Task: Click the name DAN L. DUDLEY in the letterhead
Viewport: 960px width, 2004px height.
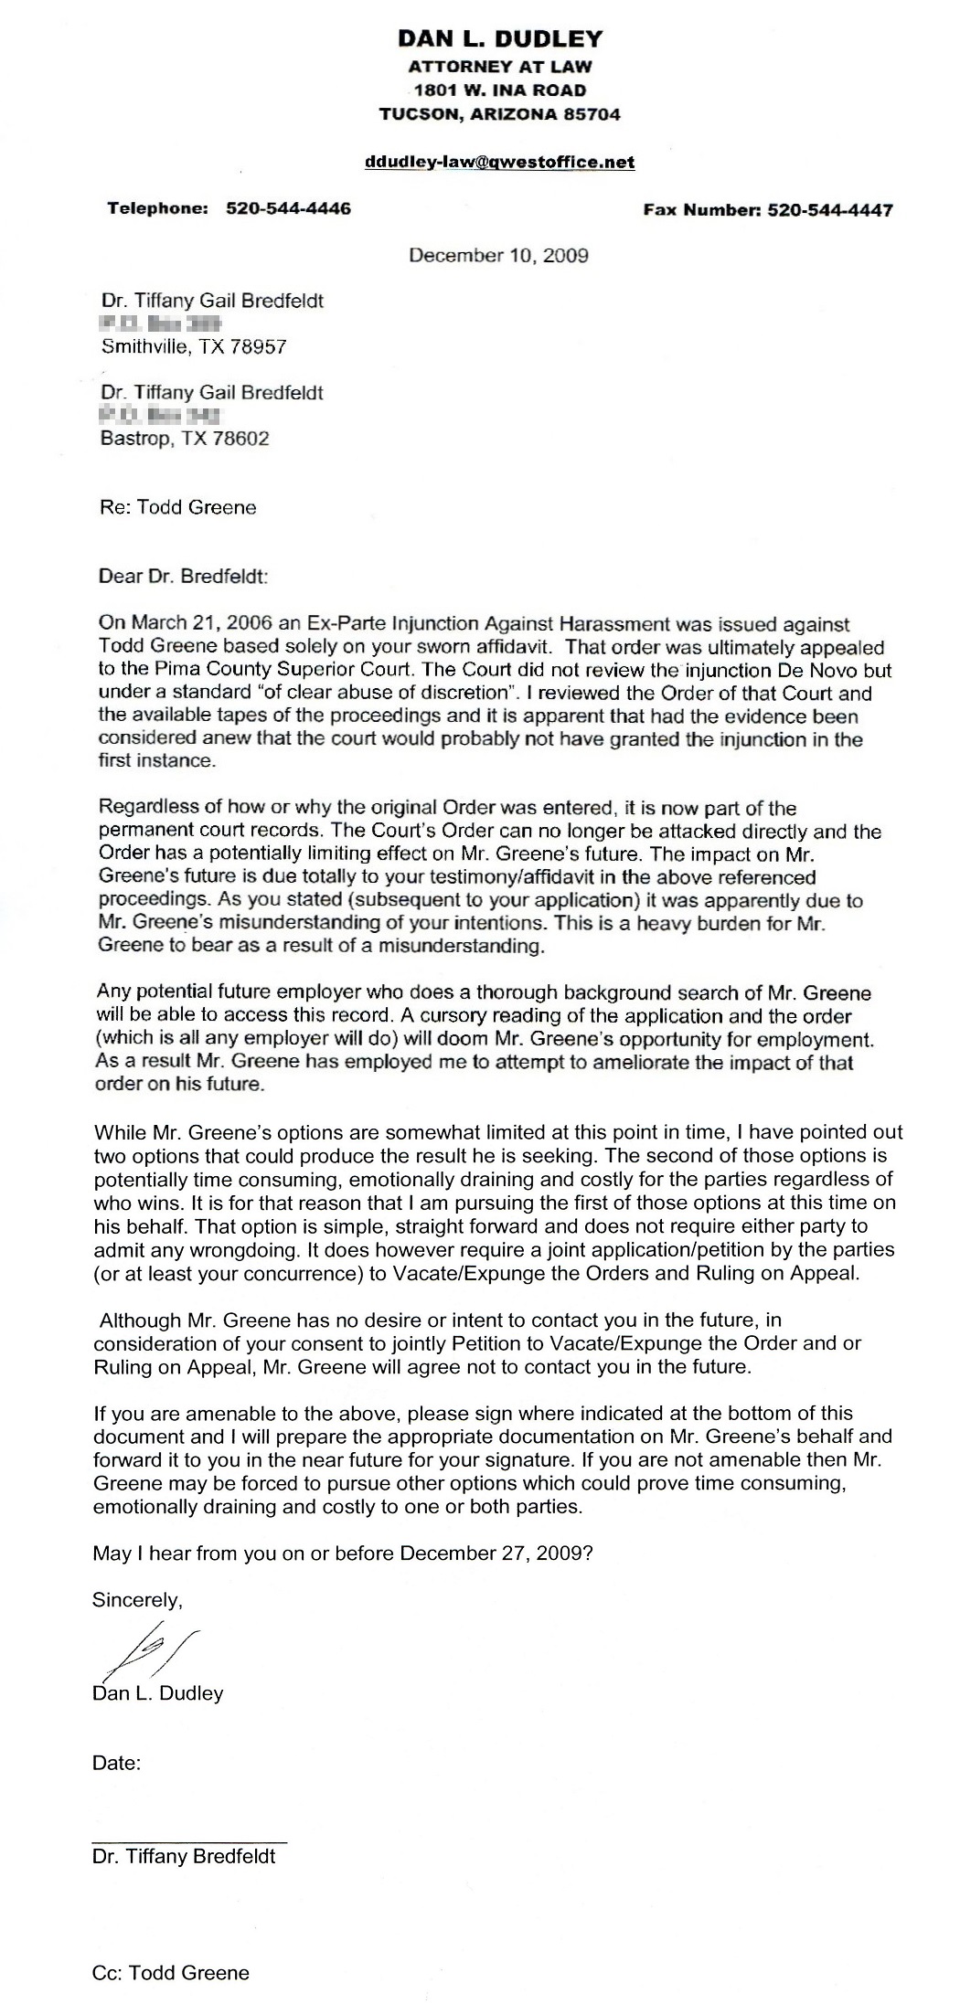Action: pyautogui.click(x=499, y=38)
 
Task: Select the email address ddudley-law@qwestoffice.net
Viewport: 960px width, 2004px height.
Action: pyautogui.click(x=499, y=162)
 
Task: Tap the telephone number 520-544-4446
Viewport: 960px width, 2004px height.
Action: pyautogui.click(x=288, y=208)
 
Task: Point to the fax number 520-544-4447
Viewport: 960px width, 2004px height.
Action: pyautogui.click(x=830, y=209)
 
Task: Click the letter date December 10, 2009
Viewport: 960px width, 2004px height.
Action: pyautogui.click(x=498, y=255)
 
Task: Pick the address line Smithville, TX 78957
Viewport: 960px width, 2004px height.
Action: pyautogui.click(x=195, y=346)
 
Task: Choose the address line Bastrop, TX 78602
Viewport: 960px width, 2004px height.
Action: pyautogui.click(x=186, y=438)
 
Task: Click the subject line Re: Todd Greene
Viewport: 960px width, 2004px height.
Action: pyautogui.click(x=178, y=507)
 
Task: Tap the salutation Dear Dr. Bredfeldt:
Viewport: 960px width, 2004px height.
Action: pyautogui.click(x=185, y=577)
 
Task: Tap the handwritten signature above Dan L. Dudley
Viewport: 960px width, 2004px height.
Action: pyautogui.click(x=146, y=1647)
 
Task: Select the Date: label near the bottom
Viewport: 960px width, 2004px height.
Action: pyautogui.click(x=116, y=1763)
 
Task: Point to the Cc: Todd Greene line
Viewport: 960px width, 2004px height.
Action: pyautogui.click(x=171, y=1972)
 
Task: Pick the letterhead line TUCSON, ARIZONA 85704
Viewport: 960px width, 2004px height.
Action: pyautogui.click(x=499, y=114)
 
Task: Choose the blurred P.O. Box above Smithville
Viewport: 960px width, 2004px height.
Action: pyautogui.click(x=160, y=323)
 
